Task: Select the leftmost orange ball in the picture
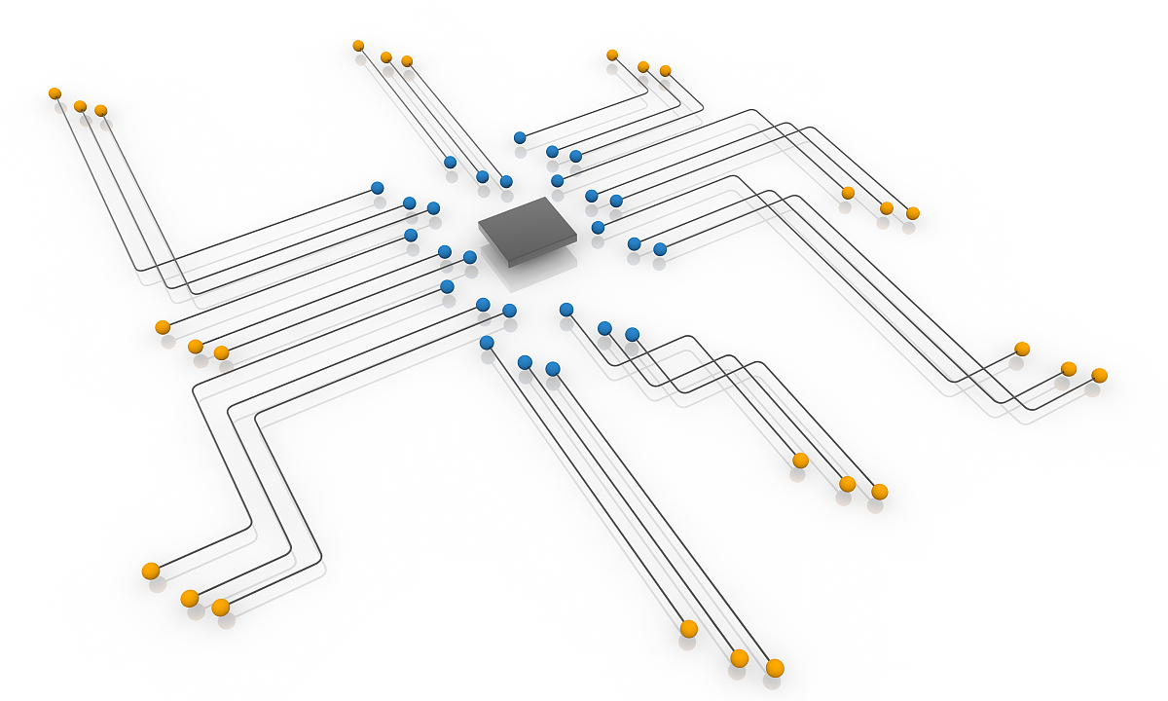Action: (55, 93)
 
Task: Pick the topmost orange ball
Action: (358, 46)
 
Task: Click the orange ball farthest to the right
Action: (1100, 376)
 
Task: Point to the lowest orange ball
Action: (775, 668)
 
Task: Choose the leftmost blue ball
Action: (378, 188)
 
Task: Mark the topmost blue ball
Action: (520, 137)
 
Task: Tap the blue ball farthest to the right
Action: (660, 249)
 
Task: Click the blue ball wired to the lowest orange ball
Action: (553, 369)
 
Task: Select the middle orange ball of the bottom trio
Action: (739, 658)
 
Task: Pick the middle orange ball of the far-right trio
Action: (1069, 369)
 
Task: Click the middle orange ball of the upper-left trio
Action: (80, 106)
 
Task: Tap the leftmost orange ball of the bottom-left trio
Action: (151, 572)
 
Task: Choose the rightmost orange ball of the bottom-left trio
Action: (221, 608)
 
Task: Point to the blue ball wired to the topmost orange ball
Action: (450, 163)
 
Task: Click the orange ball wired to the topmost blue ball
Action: (612, 55)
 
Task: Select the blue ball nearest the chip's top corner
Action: (557, 181)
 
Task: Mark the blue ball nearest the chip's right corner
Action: (598, 228)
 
